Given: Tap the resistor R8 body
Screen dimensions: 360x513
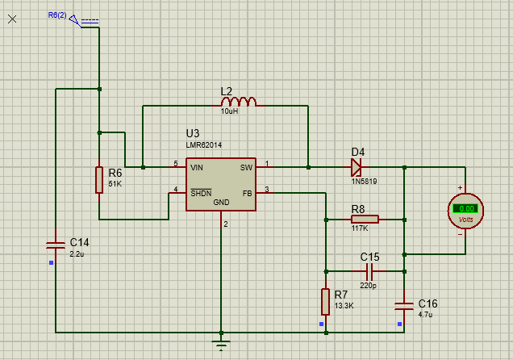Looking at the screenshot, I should [365, 219].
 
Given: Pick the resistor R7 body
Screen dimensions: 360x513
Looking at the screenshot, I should [325, 301].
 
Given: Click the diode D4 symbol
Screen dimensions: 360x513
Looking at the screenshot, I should [356, 167].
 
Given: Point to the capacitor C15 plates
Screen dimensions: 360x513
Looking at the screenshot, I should [369, 272].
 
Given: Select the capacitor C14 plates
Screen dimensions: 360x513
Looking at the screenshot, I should [54, 243].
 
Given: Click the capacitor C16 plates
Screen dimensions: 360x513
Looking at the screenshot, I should [404, 305].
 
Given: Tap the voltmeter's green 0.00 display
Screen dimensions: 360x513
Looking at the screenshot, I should [465, 209].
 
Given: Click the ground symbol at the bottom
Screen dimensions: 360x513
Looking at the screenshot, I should [221, 345].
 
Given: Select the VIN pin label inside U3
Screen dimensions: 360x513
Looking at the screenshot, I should [197, 167].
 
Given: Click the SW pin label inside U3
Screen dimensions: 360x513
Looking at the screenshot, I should [246, 167].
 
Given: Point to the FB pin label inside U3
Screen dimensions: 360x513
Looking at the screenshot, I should [247, 193].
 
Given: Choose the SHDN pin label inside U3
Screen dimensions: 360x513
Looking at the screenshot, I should [200, 193].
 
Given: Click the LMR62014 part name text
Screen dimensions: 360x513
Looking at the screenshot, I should [207, 147].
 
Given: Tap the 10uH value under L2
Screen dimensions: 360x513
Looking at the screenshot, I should [230, 111].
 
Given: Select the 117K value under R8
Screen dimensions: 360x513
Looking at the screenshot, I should [360, 228].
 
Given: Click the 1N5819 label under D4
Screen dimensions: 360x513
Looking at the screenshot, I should [364, 181].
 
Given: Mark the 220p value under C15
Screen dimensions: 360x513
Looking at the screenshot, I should [369, 285].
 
